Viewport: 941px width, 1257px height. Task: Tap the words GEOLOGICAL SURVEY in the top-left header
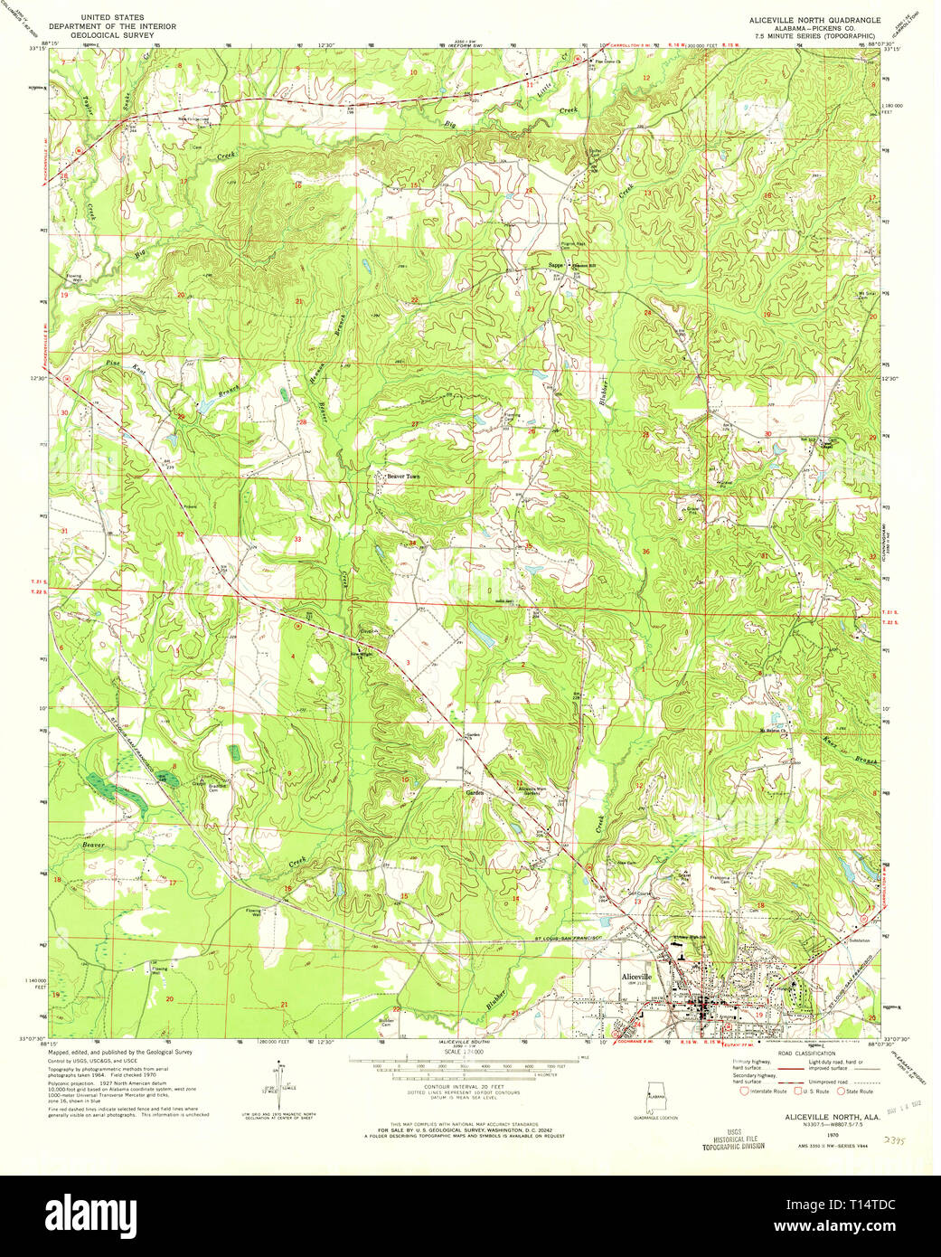[x=117, y=36]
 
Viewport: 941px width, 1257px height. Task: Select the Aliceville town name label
[x=635, y=978]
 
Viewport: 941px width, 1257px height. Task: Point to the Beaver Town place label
[x=403, y=476]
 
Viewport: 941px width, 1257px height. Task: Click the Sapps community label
[x=555, y=265]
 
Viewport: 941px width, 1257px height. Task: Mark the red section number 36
[x=645, y=552]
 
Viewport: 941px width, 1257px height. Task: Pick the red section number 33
[x=297, y=539]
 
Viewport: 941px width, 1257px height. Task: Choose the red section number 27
[x=415, y=424]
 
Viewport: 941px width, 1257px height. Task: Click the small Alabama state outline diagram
[x=654, y=1095]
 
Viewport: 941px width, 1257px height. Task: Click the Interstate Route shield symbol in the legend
[x=746, y=1092]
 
